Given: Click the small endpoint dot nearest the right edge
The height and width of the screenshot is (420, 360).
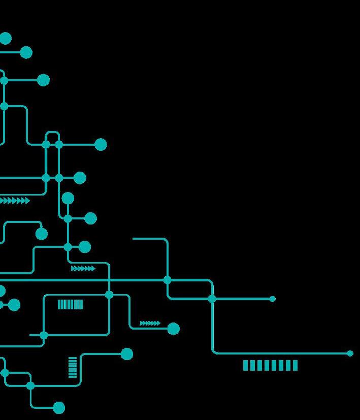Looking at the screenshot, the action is [350, 353].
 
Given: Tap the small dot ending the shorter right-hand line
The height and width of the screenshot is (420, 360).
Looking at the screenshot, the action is [273, 299].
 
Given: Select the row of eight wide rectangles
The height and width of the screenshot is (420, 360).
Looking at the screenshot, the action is [270, 365].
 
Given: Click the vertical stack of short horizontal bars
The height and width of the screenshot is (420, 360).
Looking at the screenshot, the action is [73, 367].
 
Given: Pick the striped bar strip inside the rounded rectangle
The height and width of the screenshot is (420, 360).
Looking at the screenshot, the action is [70, 304].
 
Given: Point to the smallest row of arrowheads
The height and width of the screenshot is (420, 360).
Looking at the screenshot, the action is [150, 323].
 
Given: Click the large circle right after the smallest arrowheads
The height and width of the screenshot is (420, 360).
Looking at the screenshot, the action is [173, 329].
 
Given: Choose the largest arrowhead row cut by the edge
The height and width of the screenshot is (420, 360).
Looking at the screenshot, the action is [14, 201].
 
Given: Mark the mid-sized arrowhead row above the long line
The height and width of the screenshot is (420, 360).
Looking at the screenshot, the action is [83, 268].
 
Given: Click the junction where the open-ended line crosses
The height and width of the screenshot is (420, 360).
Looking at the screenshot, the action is [168, 280].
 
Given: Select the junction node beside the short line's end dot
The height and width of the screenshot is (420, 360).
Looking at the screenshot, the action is [212, 299].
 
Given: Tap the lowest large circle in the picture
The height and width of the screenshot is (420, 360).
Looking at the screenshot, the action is [59, 408].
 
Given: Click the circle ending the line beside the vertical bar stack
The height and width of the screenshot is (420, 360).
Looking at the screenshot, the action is [127, 354].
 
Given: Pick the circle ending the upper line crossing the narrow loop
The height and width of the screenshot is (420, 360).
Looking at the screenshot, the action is [101, 145].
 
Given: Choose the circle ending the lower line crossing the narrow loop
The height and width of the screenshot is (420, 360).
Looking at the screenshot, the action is [80, 178].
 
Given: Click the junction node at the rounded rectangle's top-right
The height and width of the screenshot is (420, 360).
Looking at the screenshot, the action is [109, 295].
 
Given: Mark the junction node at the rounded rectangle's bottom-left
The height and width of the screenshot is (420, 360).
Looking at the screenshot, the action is [44, 335].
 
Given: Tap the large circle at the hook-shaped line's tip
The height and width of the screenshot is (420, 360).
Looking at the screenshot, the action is [42, 234].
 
